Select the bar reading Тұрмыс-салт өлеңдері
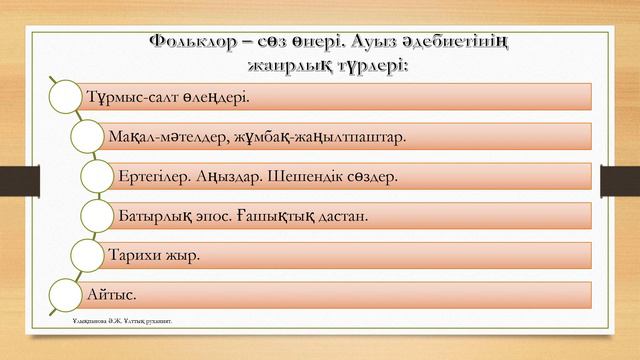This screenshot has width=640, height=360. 330,96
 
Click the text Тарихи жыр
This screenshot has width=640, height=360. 154,255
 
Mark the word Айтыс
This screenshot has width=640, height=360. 113,295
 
